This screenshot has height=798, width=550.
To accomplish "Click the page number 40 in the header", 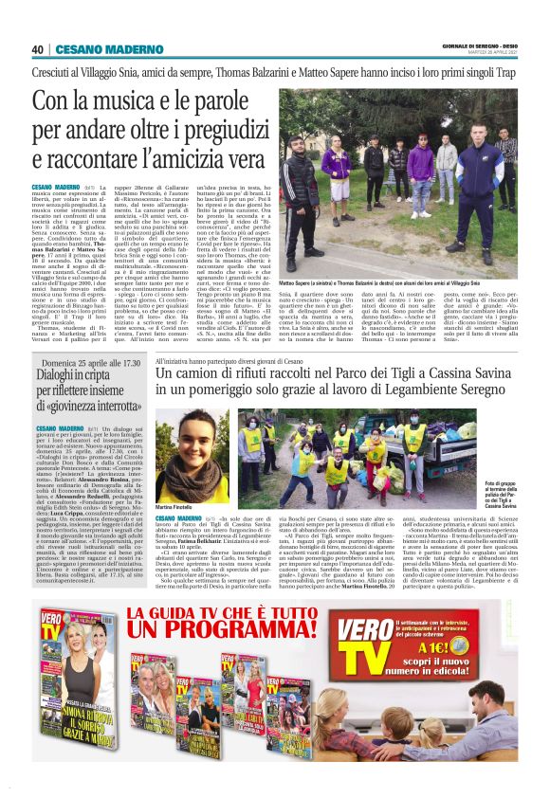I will [x=37, y=49].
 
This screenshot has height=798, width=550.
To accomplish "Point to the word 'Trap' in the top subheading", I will [x=506, y=73].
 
